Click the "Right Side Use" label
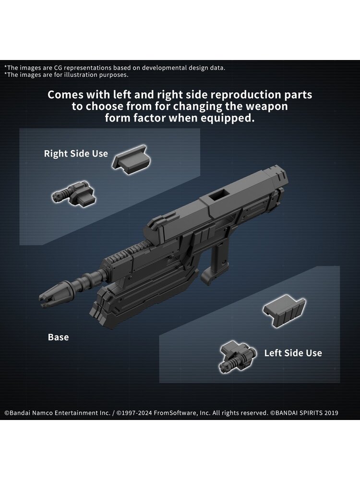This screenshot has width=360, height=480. [x=76, y=154]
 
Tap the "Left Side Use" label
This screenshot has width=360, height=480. [x=293, y=353]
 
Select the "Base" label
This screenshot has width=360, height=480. [x=58, y=337]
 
